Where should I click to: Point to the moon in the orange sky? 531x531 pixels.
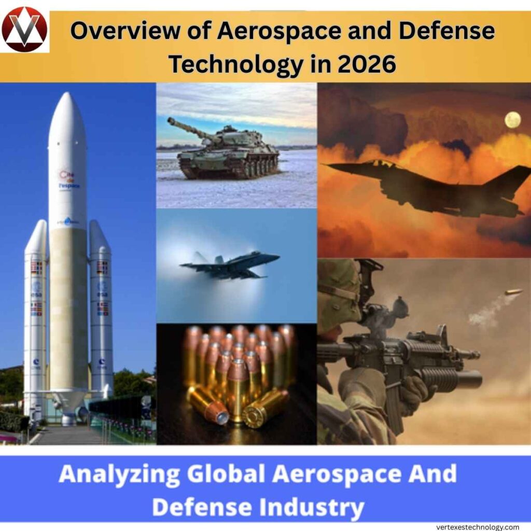[512, 120]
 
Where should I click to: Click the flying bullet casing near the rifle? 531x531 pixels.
[514, 292]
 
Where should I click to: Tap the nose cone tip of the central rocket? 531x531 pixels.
[67, 96]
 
